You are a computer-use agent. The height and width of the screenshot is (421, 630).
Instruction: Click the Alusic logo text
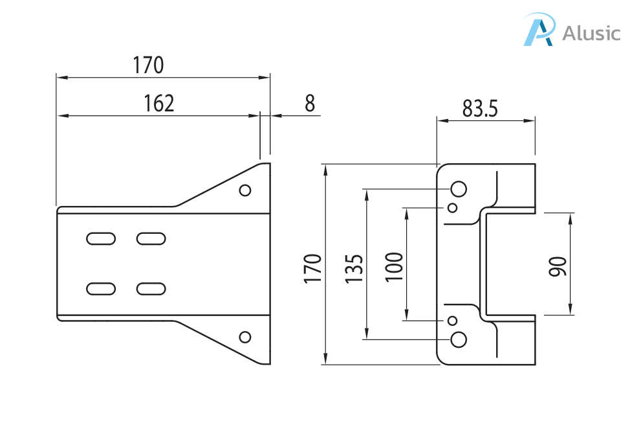[591, 33]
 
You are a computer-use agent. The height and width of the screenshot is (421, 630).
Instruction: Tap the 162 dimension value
[158, 103]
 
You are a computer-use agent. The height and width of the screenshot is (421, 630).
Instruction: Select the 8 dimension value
[309, 103]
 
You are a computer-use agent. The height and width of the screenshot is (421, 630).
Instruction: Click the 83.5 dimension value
[480, 109]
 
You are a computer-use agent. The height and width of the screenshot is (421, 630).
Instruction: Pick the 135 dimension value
[354, 268]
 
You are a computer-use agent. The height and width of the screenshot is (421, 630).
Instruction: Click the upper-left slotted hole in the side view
[101, 239]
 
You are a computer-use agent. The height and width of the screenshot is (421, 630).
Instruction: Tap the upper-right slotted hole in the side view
[151, 239]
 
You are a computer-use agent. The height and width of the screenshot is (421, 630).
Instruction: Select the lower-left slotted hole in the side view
[101, 288]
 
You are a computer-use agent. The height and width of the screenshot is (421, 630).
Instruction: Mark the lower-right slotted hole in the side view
[151, 288]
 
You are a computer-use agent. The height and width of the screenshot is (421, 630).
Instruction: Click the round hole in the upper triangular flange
[245, 190]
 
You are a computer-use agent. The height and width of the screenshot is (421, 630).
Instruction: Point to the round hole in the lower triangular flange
[245, 337]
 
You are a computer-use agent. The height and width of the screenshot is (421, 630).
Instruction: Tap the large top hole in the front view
[459, 188]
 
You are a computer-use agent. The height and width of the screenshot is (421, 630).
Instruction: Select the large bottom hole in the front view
[459, 339]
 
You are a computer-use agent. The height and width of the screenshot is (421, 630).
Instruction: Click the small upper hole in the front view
[453, 207]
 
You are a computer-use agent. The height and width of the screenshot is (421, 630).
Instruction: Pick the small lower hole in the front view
[453, 321]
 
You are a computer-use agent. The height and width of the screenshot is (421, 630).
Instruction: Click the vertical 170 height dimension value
[313, 268]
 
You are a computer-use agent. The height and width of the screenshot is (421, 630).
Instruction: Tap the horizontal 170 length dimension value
[148, 65]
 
